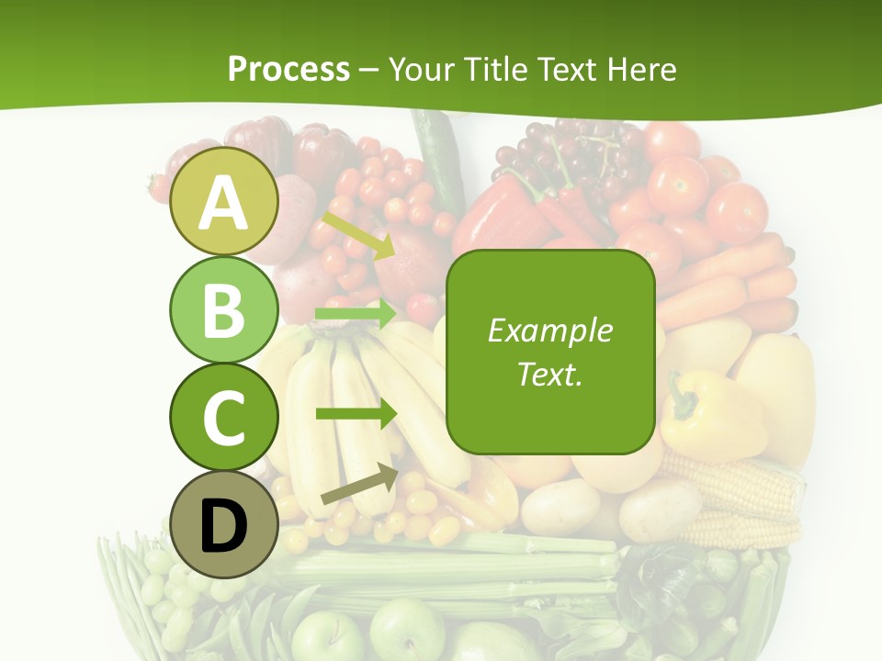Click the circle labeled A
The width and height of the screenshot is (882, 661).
click(x=224, y=201)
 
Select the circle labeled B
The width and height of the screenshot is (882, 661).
click(x=224, y=310)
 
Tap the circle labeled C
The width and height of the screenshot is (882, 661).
click(x=224, y=418)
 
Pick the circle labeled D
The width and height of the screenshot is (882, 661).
click(x=224, y=525)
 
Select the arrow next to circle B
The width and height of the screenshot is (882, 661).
click(x=355, y=314)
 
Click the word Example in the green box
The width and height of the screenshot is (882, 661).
click(x=549, y=330)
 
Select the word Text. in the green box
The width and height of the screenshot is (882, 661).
click(x=549, y=374)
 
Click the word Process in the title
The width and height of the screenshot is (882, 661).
click(x=288, y=69)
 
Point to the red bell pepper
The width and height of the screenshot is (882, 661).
click(x=501, y=216)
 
